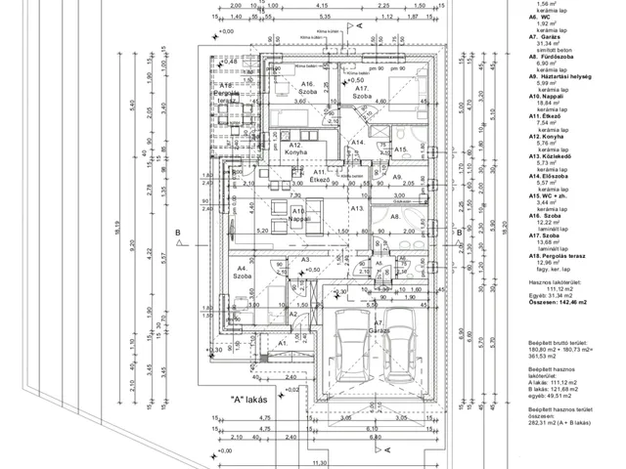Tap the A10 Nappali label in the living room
coord(298,216)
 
